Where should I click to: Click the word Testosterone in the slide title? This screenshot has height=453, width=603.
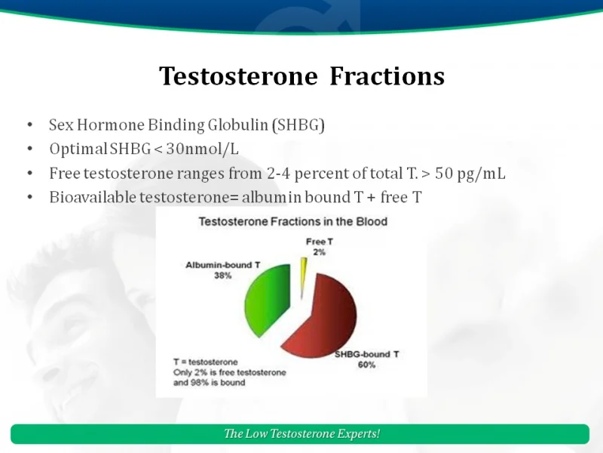[x=239, y=76]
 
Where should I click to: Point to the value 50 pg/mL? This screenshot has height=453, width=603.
[x=470, y=173]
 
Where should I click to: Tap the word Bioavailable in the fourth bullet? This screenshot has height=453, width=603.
[x=92, y=197]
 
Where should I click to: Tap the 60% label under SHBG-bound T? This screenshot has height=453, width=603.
[x=366, y=365]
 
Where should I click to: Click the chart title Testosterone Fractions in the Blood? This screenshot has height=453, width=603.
[x=292, y=221]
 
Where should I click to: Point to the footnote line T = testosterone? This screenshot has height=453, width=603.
[x=205, y=362]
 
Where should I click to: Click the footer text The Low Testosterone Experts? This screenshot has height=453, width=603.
[x=301, y=433]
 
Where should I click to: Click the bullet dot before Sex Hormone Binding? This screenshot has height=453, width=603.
[x=29, y=125]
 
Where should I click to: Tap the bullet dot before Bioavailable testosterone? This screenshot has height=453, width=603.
[x=29, y=198]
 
